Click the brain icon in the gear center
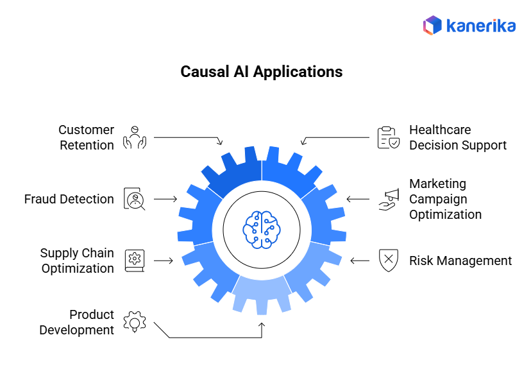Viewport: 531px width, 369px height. (262, 228)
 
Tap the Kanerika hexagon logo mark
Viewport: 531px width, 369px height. (432, 25)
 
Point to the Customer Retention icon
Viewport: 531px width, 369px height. (135, 137)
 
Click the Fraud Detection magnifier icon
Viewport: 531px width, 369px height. (135, 199)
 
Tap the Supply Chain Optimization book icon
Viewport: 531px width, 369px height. (135, 260)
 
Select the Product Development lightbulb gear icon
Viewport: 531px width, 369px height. (135, 322)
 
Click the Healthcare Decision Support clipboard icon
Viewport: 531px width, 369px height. (388, 137)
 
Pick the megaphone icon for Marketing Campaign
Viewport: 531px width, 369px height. (388, 199)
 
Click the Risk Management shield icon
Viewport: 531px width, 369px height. (388, 261)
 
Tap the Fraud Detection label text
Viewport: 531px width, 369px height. (69, 199)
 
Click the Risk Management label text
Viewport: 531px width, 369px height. (460, 261)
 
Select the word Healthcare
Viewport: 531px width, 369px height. (440, 130)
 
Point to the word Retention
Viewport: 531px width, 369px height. (87, 145)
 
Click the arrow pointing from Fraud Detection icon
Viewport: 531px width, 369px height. (165, 199)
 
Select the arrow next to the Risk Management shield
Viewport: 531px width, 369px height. (360, 261)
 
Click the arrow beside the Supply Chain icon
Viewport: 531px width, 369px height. (164, 261)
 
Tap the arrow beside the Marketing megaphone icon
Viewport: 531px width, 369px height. (358, 199)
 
